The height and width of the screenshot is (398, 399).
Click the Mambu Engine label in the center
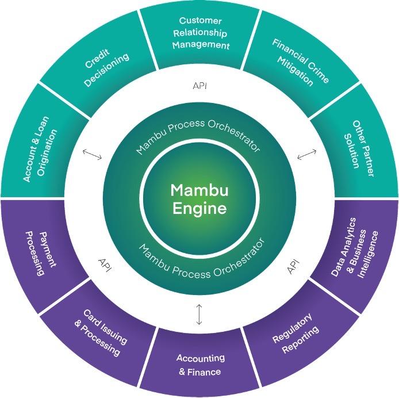click(199, 199)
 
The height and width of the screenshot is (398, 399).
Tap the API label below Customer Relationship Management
click(199, 86)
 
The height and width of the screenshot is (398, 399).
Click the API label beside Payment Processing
click(105, 266)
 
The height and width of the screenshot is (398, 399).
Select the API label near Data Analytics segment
click(293, 266)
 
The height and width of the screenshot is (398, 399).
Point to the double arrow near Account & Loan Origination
click(92, 155)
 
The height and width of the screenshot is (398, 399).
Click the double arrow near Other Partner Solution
click(307, 155)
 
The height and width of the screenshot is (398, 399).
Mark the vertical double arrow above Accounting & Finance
click(199, 314)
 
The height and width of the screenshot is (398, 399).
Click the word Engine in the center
click(199, 208)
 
